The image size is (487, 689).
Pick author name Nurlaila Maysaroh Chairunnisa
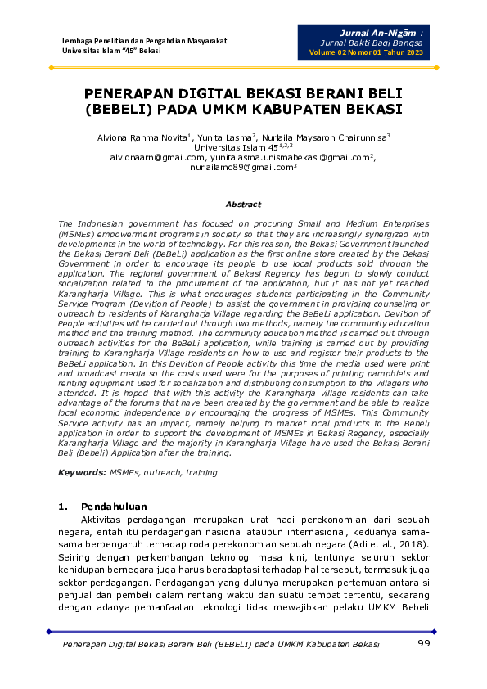coord(325,137)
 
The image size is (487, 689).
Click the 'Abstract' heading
coord(243,204)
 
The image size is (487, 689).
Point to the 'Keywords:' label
coord(83,472)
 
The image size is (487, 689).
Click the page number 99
coord(423,644)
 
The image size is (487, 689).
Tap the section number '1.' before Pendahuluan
coord(63,507)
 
